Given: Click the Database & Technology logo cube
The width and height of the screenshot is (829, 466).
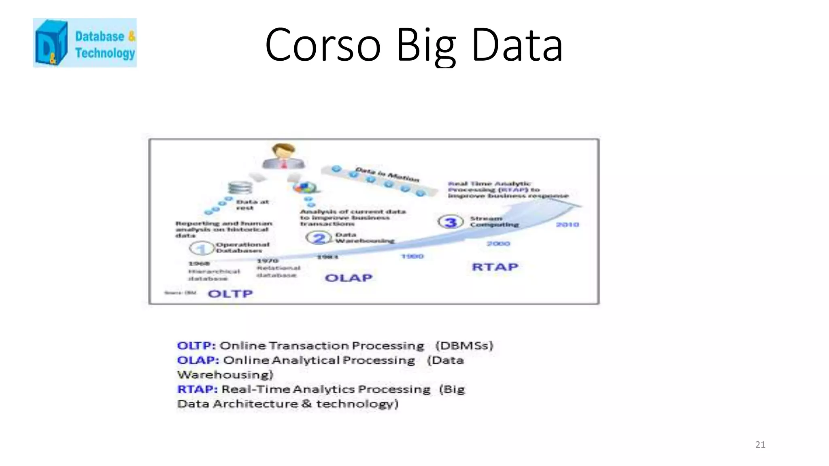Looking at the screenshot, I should pos(51,43).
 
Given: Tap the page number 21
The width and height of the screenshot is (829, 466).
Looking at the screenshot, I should pos(760,445).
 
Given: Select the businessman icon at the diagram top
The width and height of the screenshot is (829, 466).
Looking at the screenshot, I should pos(283,156).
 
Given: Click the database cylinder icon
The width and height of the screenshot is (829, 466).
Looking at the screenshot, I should pos(240,188).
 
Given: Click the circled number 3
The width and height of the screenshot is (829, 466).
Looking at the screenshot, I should pos(451,222).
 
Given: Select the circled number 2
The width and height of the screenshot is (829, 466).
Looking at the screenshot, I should pos(319,238).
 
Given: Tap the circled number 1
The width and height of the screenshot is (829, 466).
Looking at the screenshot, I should pos(202,248).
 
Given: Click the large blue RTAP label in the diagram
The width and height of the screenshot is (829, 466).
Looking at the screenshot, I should pos(495,267).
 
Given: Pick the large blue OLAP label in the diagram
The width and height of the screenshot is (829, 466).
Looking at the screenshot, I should pos(349,278).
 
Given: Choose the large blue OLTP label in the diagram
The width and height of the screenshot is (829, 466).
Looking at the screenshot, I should pos(230,294).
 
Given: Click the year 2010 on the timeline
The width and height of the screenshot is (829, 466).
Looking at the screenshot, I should pos(567,225).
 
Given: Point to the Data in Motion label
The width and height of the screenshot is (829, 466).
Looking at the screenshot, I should pos(387,174).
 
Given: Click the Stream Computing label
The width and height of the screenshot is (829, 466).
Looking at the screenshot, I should pos(494,221).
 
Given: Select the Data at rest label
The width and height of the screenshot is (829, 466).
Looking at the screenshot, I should pos(252,205).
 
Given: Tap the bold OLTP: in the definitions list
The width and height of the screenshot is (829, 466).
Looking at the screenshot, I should pos(196,346).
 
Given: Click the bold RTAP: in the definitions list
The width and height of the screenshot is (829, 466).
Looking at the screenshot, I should pos(197,389).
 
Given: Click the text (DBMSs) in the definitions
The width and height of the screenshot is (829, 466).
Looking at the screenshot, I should pos(464,346).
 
